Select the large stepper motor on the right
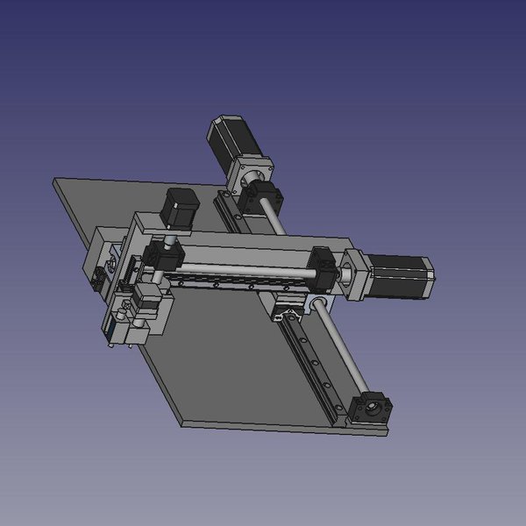(401, 274)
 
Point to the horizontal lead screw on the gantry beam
(245, 267)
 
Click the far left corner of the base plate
(55, 180)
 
